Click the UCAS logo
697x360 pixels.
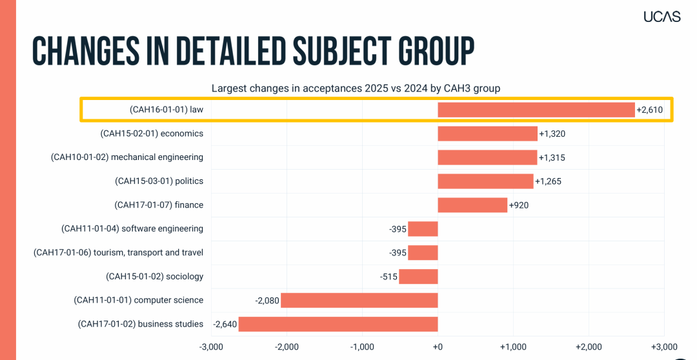click(662, 17)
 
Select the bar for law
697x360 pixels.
click(536, 110)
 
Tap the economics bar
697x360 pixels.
click(487, 134)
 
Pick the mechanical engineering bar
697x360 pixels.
click(487, 157)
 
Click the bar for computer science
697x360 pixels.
click(359, 300)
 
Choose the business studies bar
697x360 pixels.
click(338, 324)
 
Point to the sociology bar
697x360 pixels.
click(418, 276)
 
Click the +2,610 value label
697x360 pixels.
click(649, 110)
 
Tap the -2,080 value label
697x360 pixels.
click(267, 300)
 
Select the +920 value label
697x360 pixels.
click(519, 205)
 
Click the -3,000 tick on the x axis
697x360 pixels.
click(211, 346)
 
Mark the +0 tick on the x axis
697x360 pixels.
click(438, 346)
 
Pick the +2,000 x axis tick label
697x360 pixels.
click(589, 346)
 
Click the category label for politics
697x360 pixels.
click(159, 181)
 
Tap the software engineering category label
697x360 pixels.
click(132, 228)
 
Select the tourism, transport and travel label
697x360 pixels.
click(118, 252)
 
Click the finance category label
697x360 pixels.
click(159, 205)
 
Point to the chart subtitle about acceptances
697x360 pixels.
click(356, 88)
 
